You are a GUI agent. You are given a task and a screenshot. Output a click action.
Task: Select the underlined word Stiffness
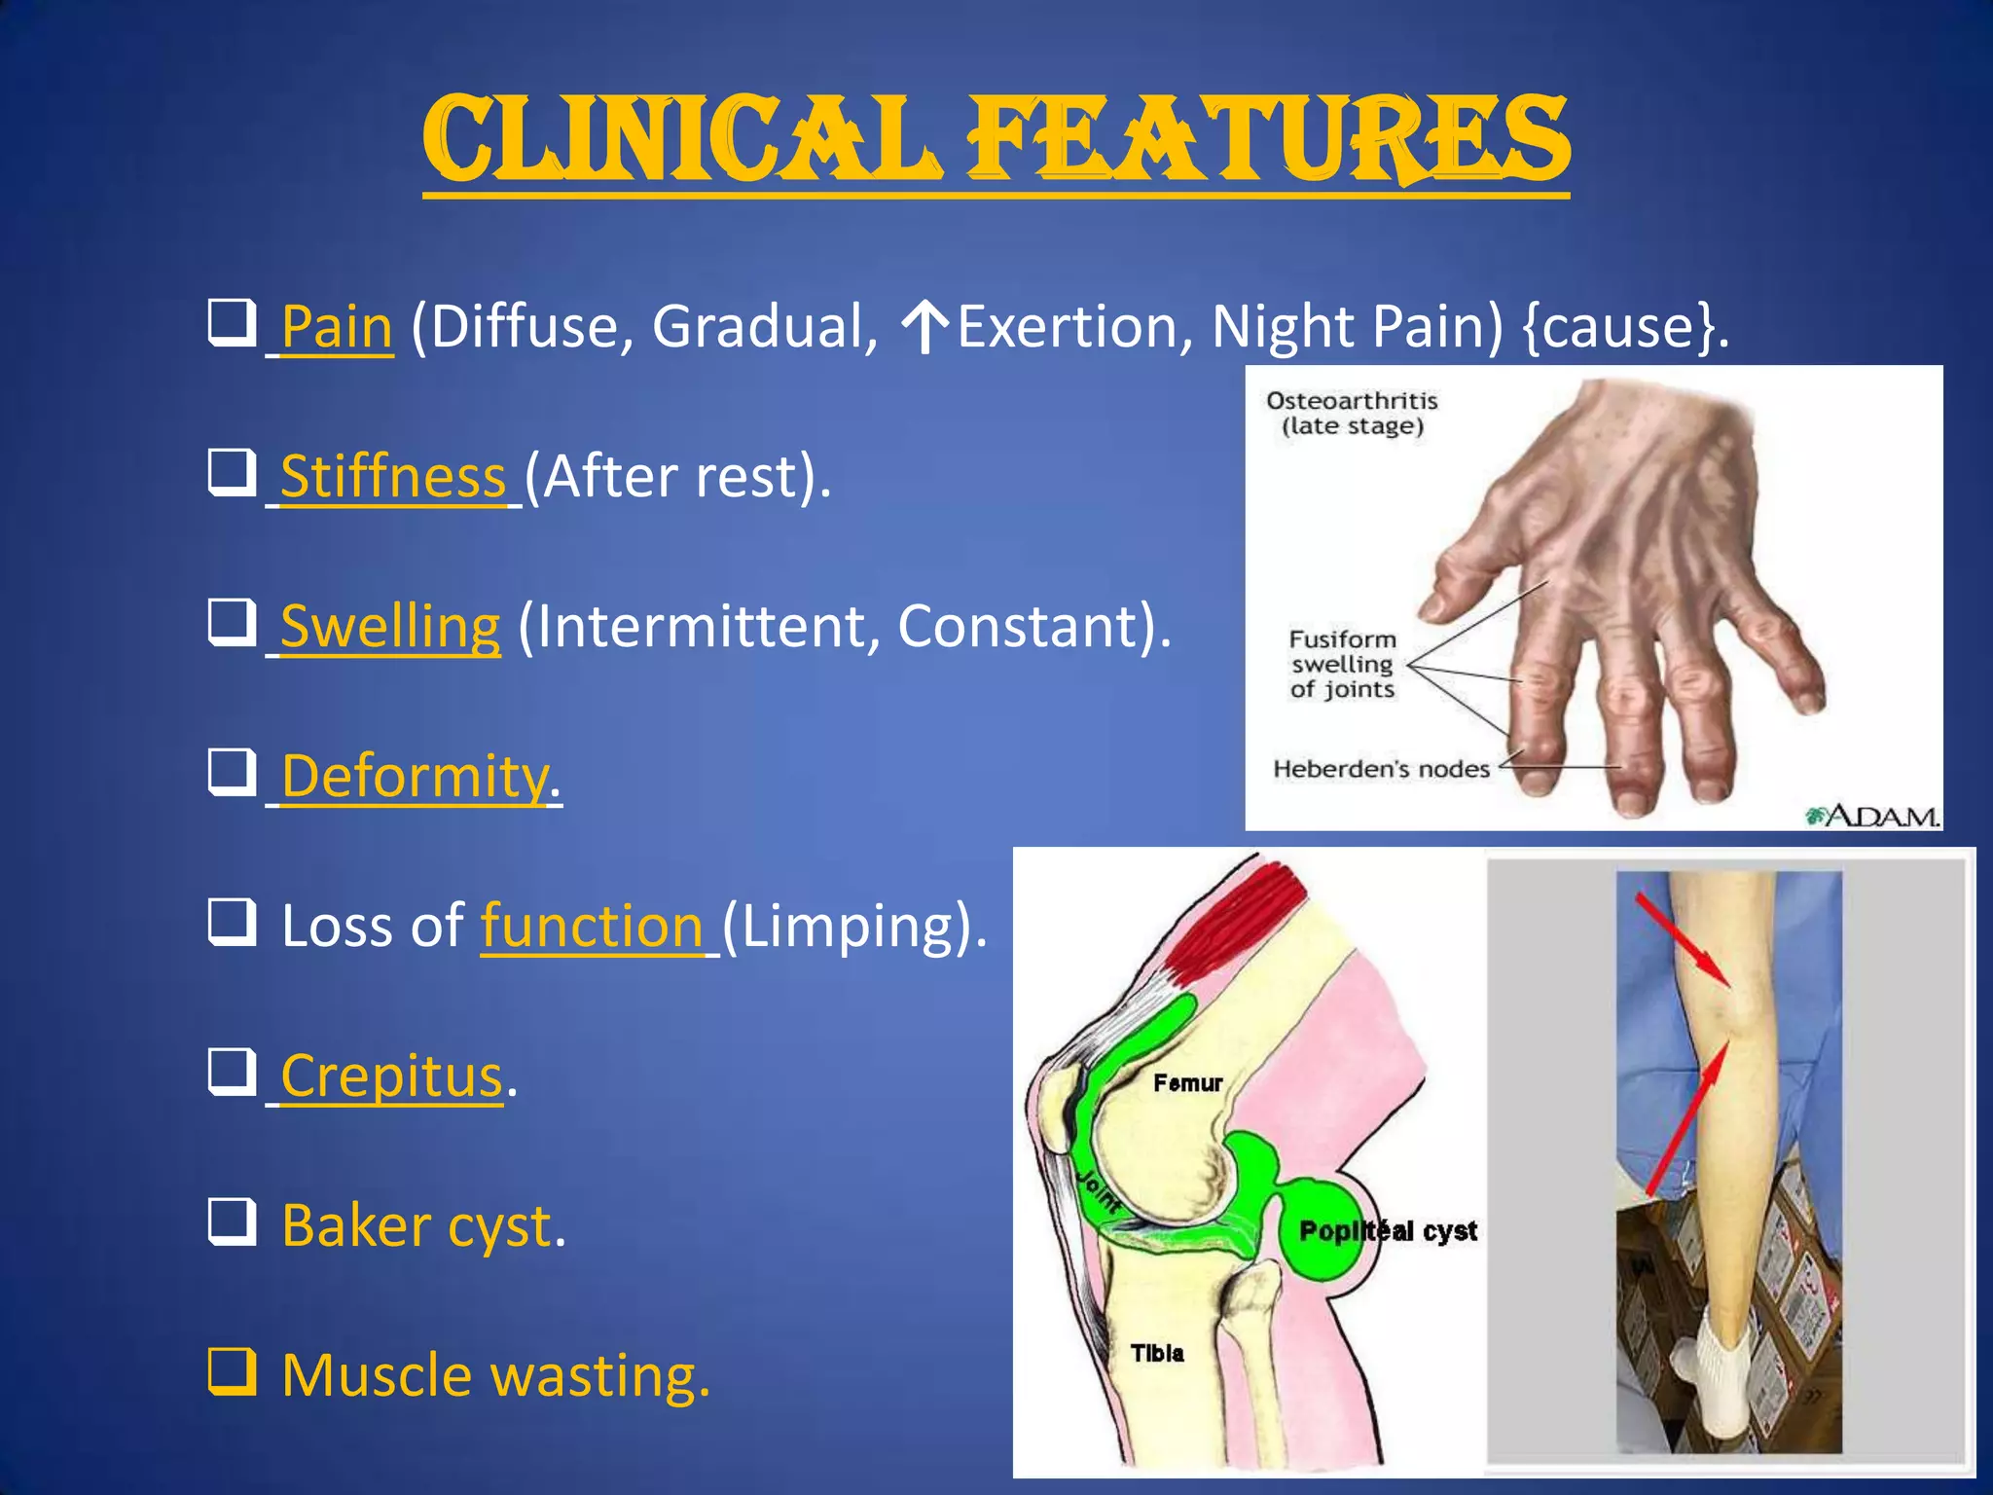click(392, 476)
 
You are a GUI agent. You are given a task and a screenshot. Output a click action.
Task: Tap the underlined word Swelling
click(390, 626)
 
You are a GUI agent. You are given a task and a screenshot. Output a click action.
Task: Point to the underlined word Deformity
click(415, 776)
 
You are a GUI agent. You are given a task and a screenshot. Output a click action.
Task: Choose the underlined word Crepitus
click(391, 1076)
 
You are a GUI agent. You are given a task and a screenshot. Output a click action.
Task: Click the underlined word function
click(592, 926)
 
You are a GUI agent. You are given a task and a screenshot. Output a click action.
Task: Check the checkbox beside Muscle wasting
click(232, 1371)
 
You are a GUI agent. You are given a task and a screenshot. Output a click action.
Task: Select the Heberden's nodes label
click(1381, 769)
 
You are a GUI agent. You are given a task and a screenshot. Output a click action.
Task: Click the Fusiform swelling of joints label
click(1343, 665)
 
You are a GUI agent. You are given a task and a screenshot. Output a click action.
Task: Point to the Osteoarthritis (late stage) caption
click(1352, 414)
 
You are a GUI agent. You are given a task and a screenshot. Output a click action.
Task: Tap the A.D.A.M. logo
click(1873, 816)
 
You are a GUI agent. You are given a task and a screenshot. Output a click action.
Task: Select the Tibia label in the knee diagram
click(1157, 1353)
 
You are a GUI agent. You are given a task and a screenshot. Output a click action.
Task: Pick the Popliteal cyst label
click(1388, 1231)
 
